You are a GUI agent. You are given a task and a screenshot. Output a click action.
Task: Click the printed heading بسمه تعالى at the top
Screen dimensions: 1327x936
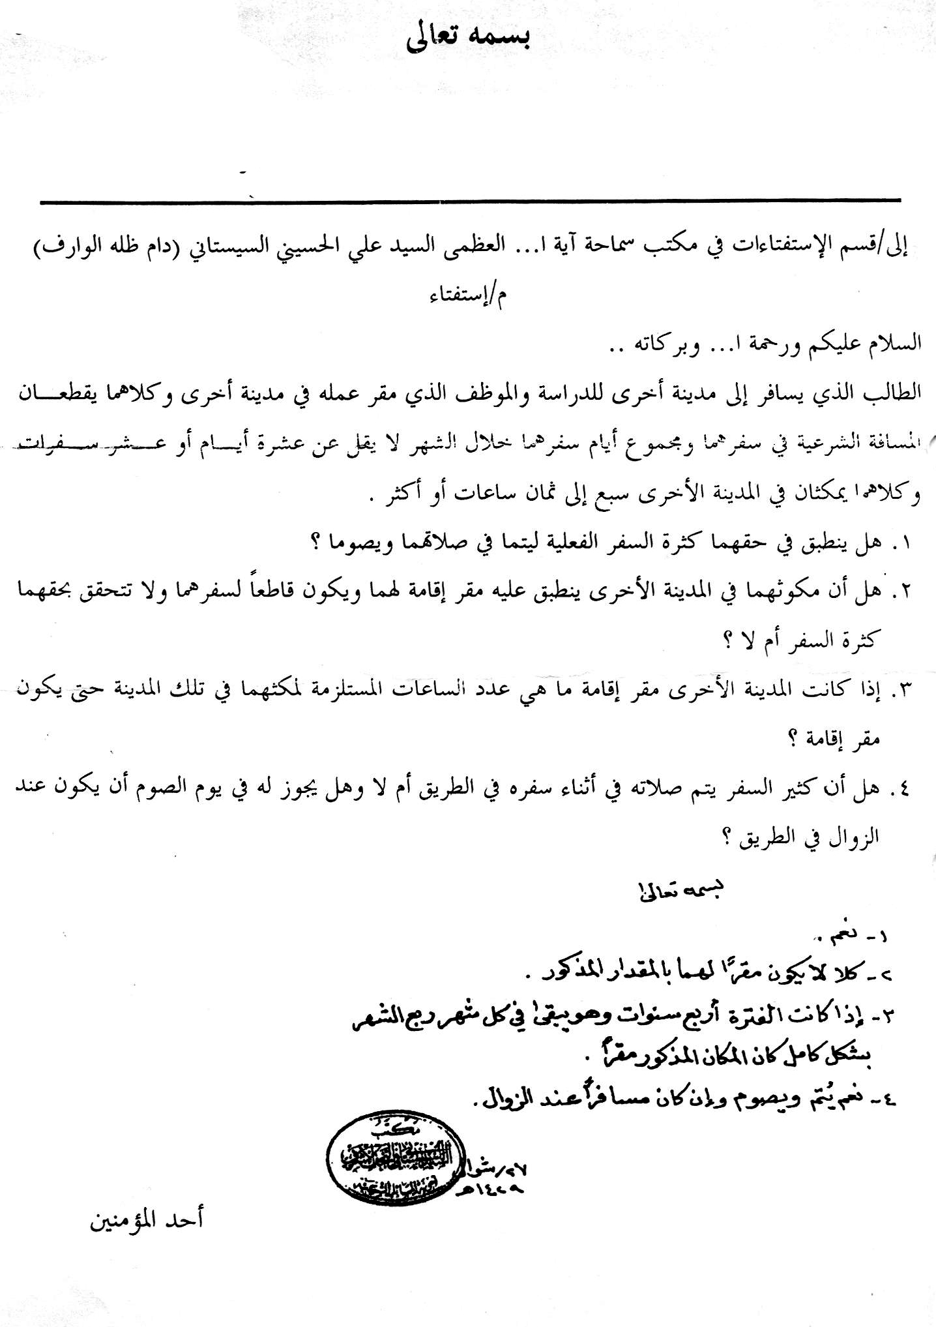(x=468, y=37)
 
